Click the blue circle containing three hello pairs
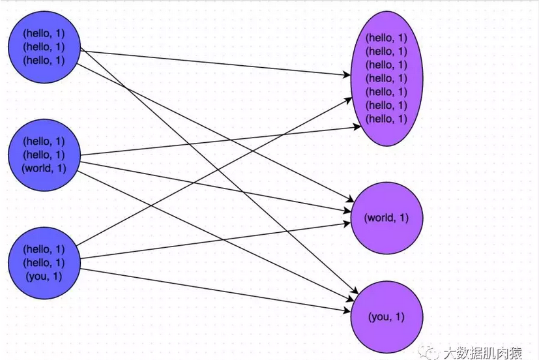44,47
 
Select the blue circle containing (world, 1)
44,155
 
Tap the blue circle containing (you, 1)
44,263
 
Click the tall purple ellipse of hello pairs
386,79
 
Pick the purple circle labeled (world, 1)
386,218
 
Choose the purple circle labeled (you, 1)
386,317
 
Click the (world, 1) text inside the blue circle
44,168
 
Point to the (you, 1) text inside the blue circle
44,277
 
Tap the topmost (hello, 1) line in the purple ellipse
386,38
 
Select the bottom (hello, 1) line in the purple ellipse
386,119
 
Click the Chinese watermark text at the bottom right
482,353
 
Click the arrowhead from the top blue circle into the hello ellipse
347,74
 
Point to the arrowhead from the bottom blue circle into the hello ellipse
348,100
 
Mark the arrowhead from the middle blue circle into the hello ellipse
357,127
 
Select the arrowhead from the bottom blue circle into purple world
346,224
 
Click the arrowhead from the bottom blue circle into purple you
346,311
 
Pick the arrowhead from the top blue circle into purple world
350,200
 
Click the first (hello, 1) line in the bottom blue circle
44,249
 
